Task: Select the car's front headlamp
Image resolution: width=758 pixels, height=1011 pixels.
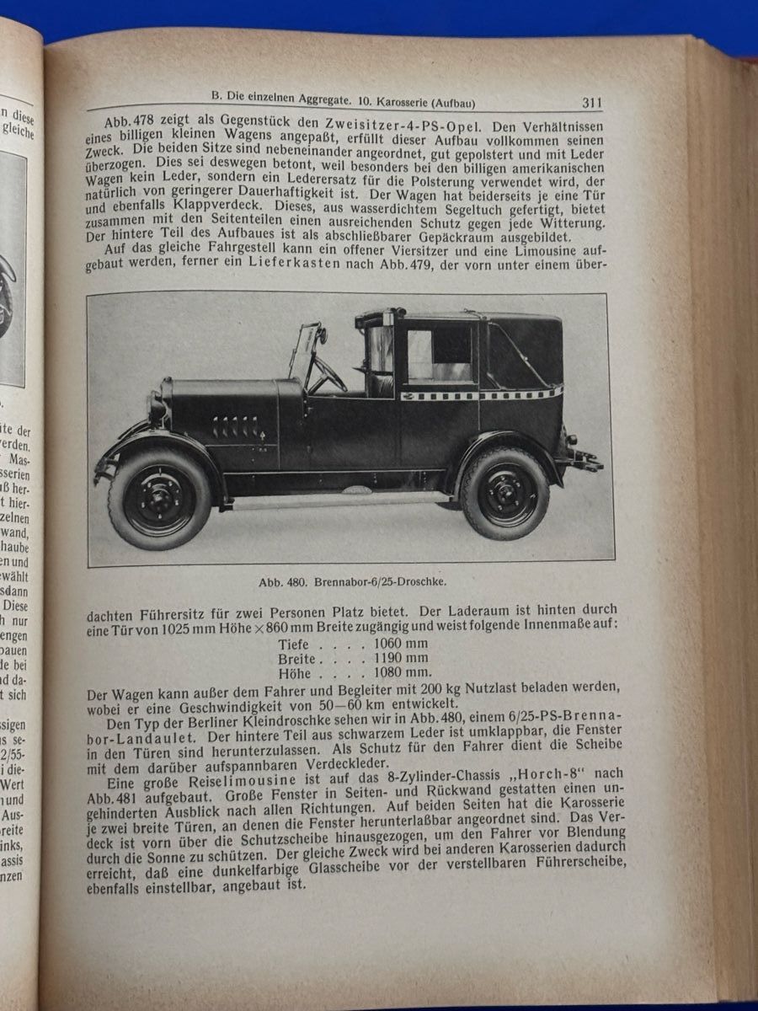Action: point(157,406)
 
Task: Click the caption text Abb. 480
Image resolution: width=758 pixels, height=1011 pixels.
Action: point(286,580)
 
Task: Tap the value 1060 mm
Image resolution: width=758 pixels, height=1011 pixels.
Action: point(400,643)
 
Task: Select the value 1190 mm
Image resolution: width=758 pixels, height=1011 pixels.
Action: point(400,658)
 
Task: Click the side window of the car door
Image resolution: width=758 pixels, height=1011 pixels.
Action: point(439,355)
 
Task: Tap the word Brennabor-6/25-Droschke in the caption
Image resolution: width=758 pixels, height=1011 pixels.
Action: point(376,580)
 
